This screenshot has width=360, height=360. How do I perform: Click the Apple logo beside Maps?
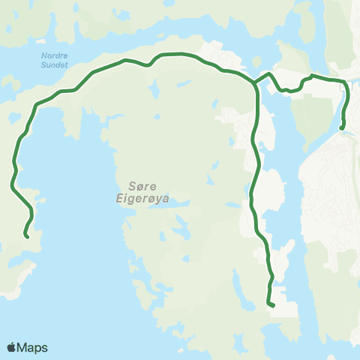(11, 347)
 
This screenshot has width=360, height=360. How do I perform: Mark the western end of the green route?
(27, 236)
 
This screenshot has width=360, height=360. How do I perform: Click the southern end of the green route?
(269, 304)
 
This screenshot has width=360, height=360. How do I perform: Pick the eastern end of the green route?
(342, 128)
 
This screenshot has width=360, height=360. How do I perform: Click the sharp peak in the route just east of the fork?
(268, 73)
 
